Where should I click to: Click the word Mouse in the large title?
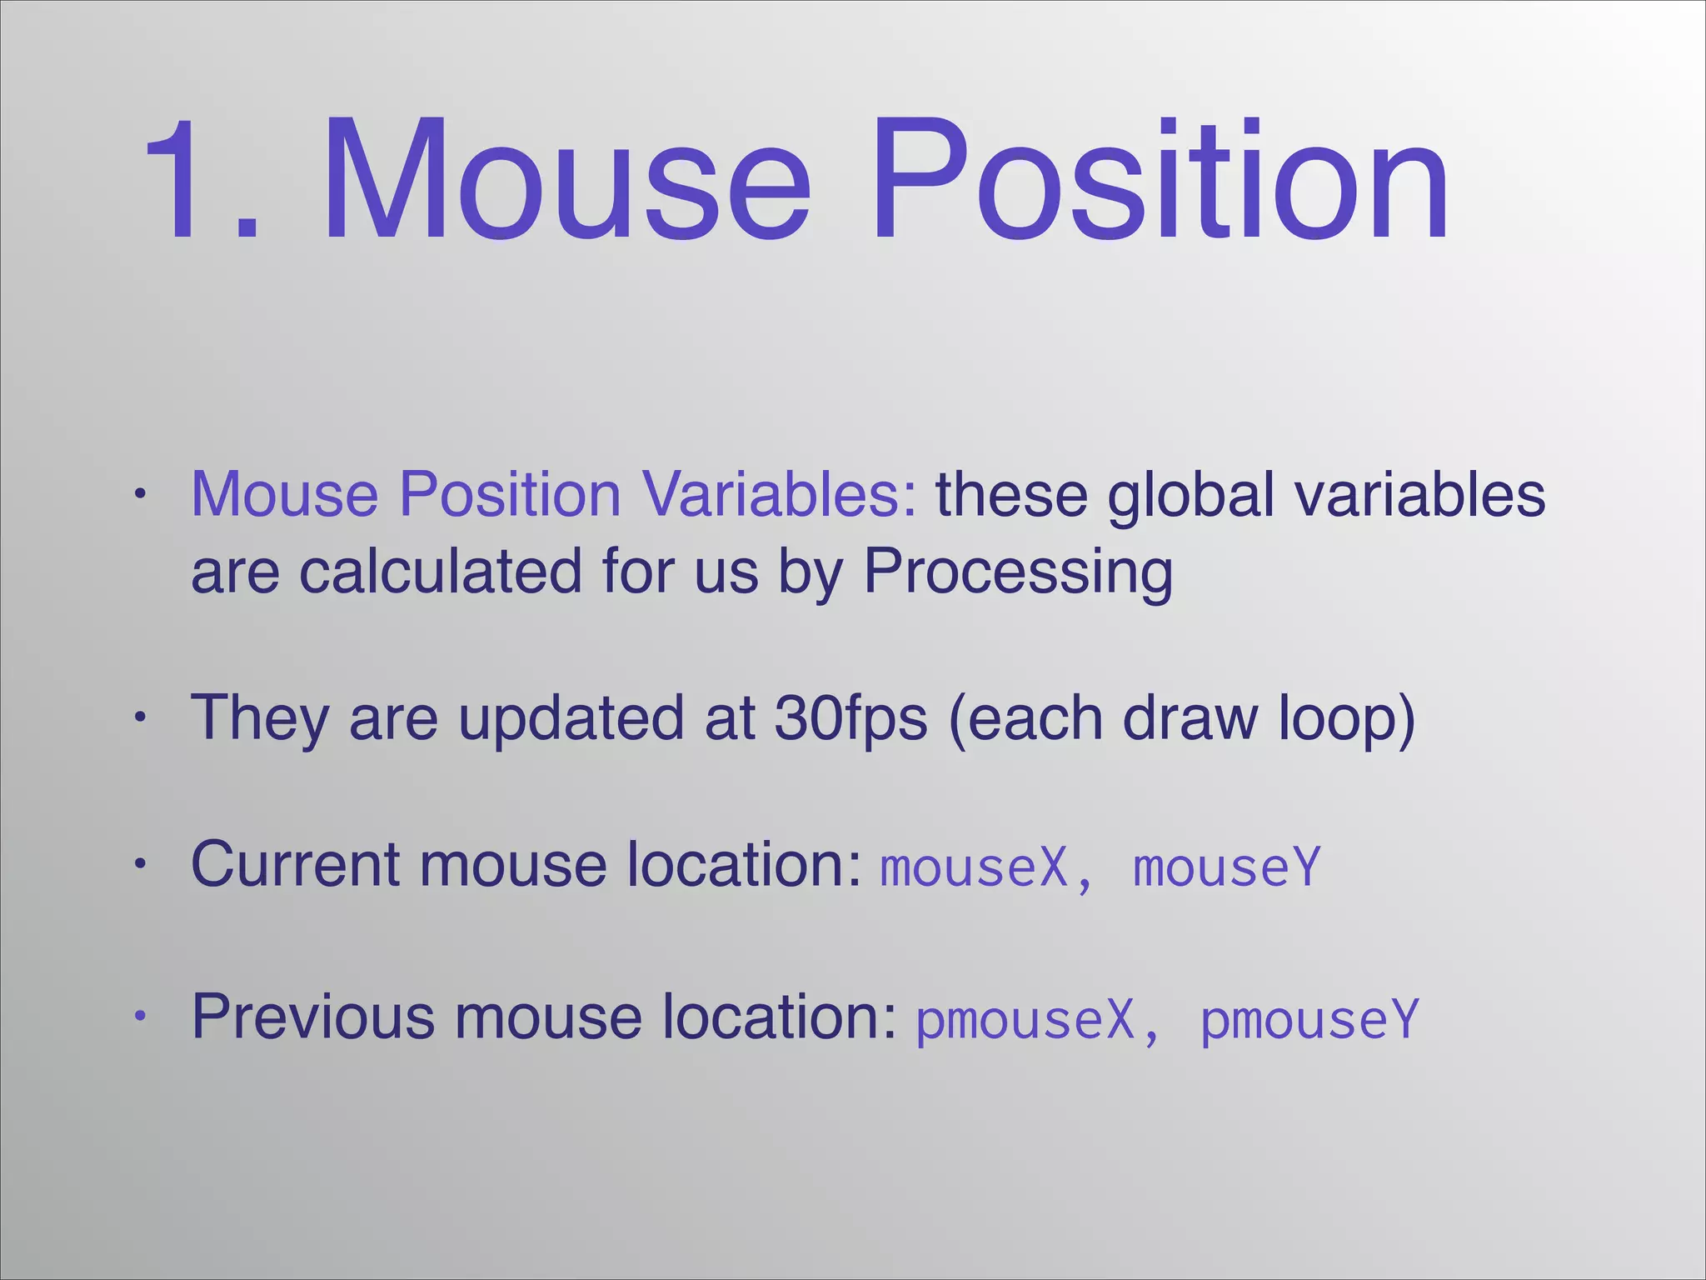click(x=566, y=179)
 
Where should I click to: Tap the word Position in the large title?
click(x=1158, y=179)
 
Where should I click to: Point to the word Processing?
click(x=1018, y=572)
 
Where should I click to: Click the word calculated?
click(x=441, y=572)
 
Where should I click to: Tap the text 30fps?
click(x=850, y=718)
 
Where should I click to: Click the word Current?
click(x=295, y=864)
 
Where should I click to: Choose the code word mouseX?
click(x=974, y=867)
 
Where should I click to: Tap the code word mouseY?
click(x=1227, y=867)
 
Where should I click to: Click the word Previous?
click(x=313, y=1017)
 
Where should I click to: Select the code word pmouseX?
click(x=1025, y=1020)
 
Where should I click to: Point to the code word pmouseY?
click(x=1309, y=1020)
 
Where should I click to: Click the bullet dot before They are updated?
click(x=141, y=717)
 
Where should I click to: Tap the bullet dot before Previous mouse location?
click(x=141, y=1016)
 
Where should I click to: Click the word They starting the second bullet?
click(x=259, y=718)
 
